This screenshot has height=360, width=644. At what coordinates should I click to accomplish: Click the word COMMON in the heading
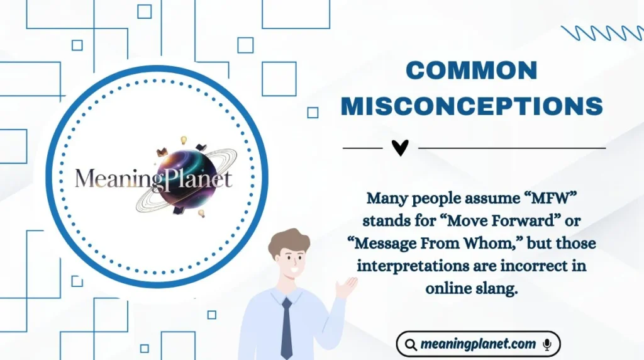(x=472, y=70)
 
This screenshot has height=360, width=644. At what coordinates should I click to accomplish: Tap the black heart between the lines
(x=400, y=148)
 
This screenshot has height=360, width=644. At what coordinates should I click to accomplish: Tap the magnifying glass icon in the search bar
(x=411, y=345)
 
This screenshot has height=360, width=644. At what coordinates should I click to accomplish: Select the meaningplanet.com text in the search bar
(x=479, y=344)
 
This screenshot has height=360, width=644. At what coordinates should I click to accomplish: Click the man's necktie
(x=287, y=327)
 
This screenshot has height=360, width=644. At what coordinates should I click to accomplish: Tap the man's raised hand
(x=346, y=287)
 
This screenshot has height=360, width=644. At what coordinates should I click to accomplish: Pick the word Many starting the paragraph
(x=386, y=199)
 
